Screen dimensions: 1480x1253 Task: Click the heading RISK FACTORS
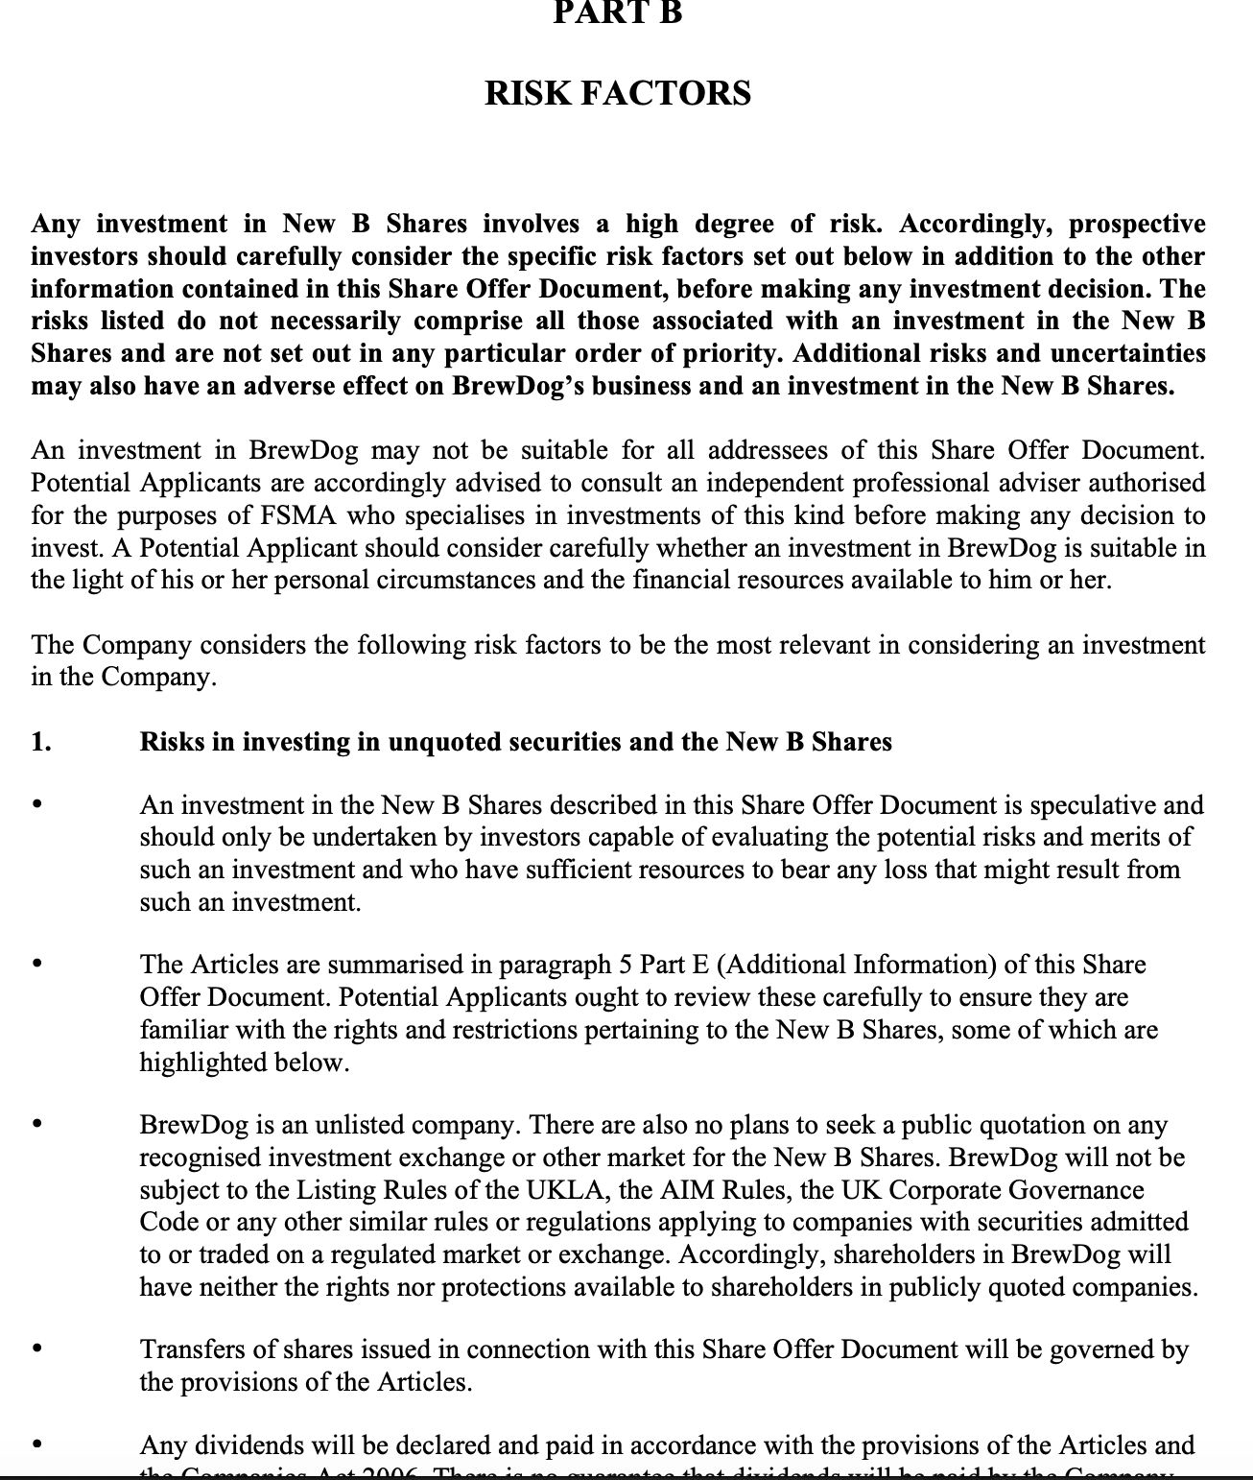[x=618, y=94]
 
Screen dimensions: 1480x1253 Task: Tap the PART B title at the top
[x=618, y=12]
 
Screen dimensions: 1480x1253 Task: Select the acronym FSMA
[x=297, y=515]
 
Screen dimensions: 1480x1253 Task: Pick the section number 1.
[x=41, y=742]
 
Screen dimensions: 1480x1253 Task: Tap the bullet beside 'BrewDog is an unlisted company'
[x=37, y=1124]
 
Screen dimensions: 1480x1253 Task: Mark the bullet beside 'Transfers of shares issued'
[x=37, y=1349]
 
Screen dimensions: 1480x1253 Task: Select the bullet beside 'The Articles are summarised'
[x=37, y=964]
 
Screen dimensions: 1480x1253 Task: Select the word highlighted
[x=201, y=1062]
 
